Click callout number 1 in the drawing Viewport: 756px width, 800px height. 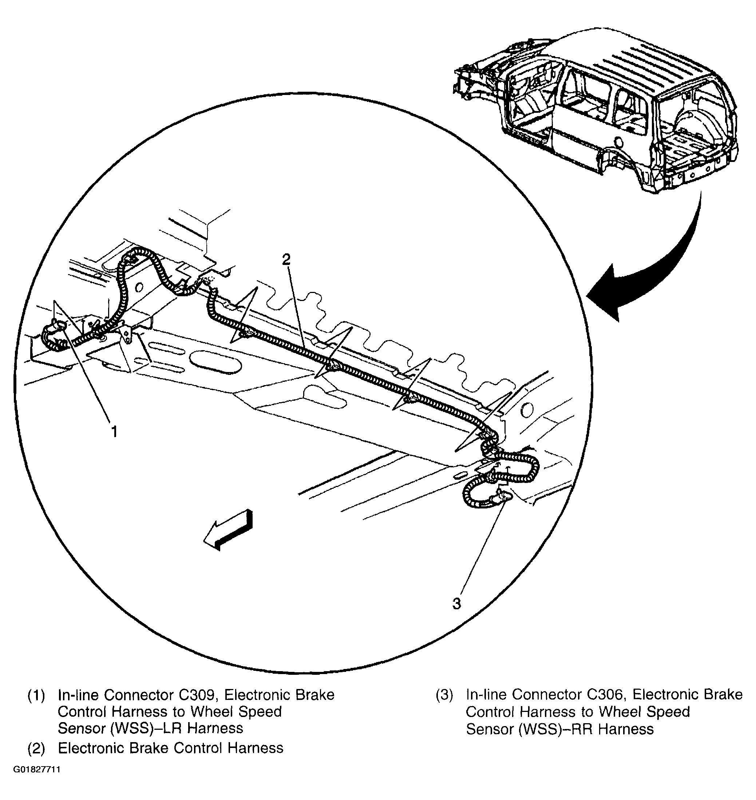coord(114,432)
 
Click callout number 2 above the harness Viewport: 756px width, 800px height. coord(286,260)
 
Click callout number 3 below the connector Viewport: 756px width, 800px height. coord(456,604)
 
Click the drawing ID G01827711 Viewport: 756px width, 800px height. coord(37,781)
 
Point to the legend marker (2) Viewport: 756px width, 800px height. coord(36,748)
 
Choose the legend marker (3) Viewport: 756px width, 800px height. coord(444,695)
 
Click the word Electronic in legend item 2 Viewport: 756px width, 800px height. coord(91,748)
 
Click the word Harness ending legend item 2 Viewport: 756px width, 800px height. coord(256,748)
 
